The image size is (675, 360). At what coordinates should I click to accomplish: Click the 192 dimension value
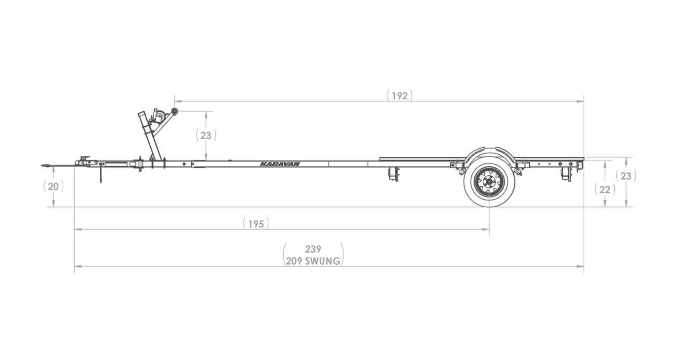click(x=399, y=96)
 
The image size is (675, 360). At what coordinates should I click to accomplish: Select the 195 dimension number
click(x=256, y=224)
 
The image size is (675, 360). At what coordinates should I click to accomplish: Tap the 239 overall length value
click(x=313, y=249)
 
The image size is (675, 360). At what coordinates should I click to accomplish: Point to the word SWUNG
click(x=323, y=261)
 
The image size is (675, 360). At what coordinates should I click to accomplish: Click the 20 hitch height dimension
click(x=53, y=187)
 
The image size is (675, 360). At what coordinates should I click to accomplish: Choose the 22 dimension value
click(x=604, y=189)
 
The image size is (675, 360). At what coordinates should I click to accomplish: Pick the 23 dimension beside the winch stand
click(x=206, y=135)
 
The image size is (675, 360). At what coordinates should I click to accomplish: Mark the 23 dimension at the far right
click(x=626, y=176)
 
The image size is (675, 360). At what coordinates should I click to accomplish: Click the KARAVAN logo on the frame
click(x=280, y=164)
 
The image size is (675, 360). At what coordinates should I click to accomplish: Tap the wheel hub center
click(x=489, y=183)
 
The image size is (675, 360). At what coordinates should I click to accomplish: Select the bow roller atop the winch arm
click(x=174, y=112)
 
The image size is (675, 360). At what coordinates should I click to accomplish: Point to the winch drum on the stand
click(x=159, y=117)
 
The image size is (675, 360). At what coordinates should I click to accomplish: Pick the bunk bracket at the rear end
click(x=566, y=173)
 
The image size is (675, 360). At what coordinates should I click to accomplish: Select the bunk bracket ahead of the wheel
click(x=393, y=173)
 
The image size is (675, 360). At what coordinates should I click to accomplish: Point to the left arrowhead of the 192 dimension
click(x=176, y=101)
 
